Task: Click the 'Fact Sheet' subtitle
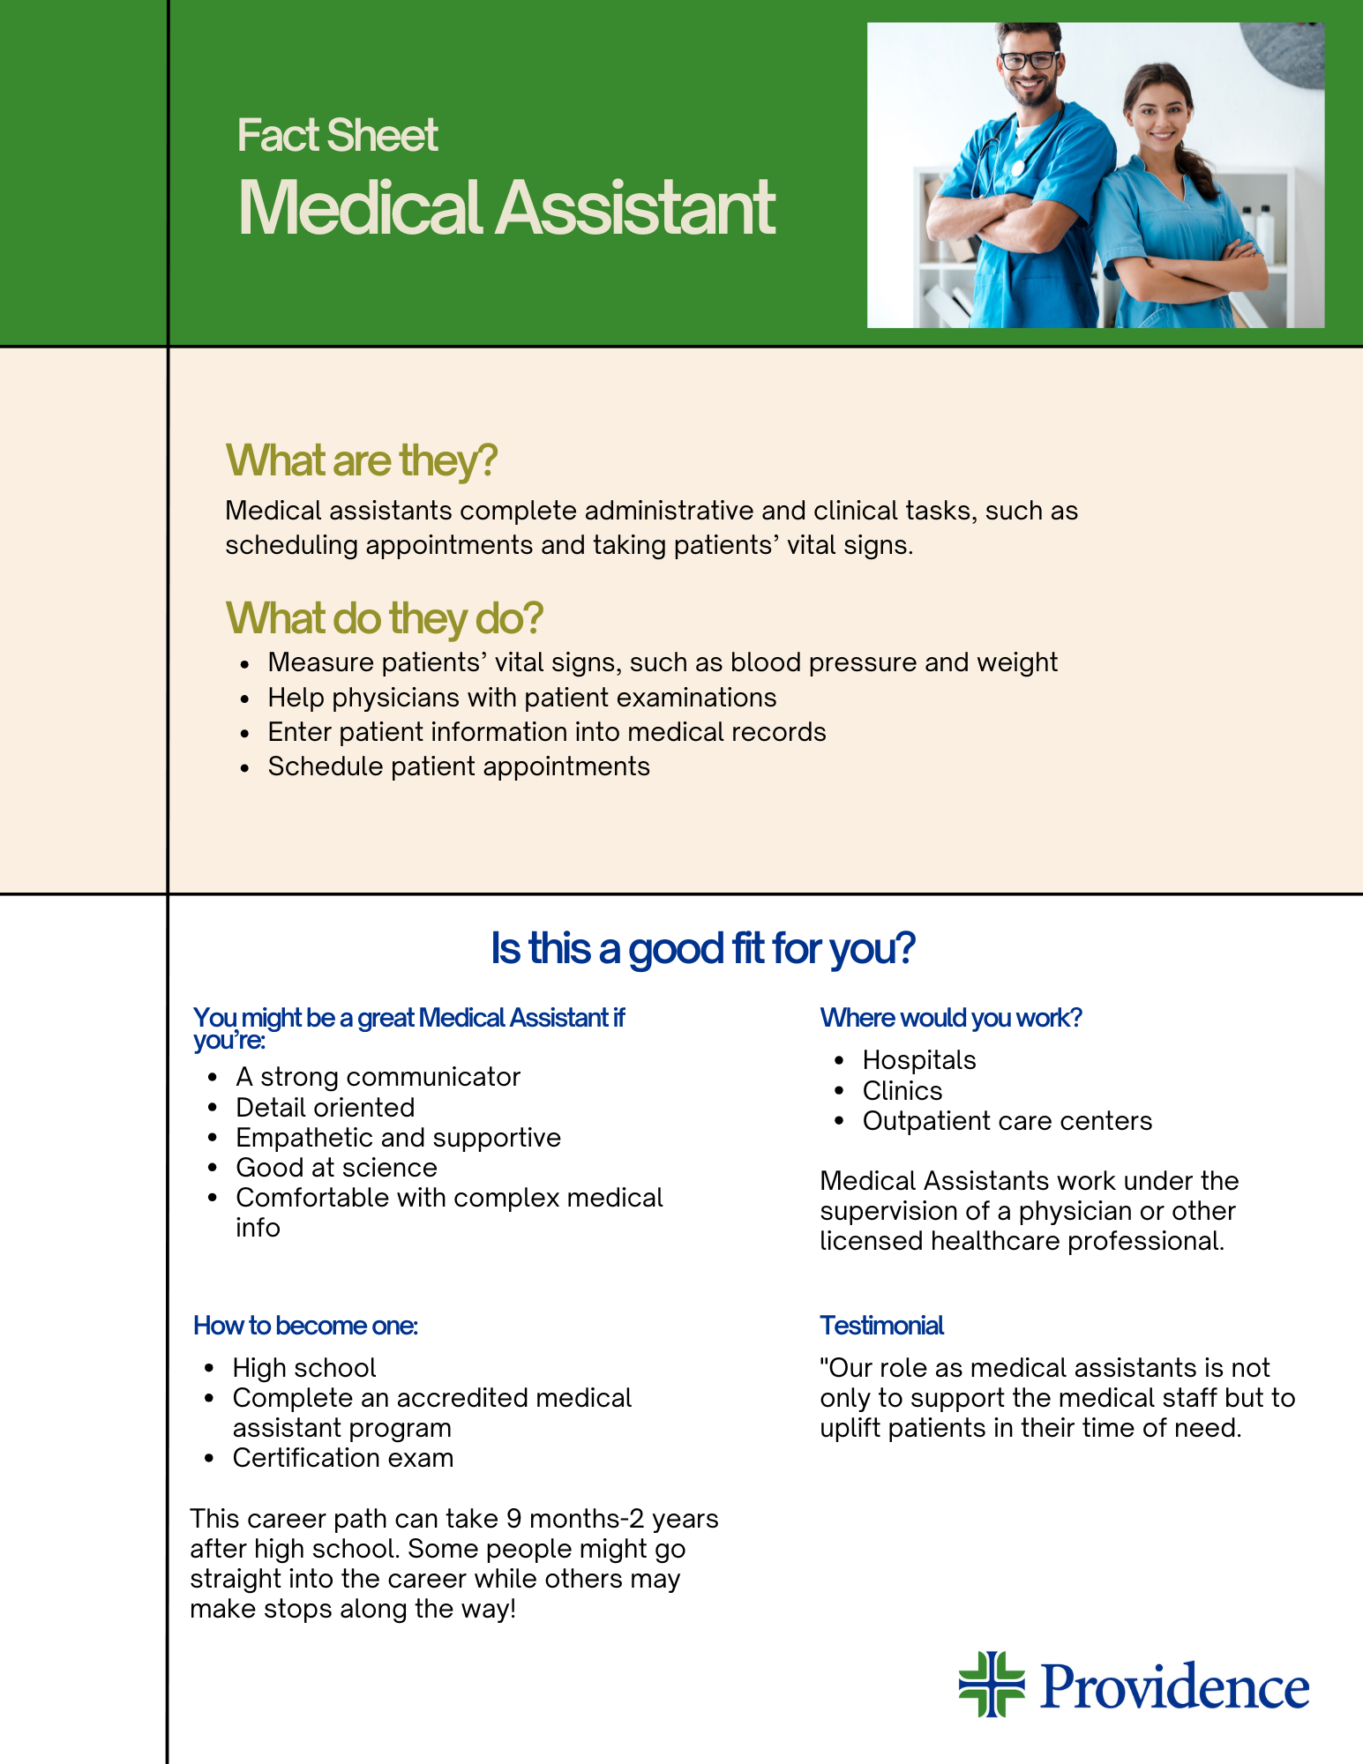coord(337,136)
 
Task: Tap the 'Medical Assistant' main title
coord(506,208)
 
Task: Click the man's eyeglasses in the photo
coord(1028,62)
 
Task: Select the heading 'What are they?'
coord(362,460)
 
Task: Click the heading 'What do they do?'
coord(384,618)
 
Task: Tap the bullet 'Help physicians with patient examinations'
coord(521,698)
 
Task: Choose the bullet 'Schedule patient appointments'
coord(459,766)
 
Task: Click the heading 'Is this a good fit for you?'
coord(702,949)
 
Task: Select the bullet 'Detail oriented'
coord(325,1108)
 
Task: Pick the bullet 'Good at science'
coord(336,1168)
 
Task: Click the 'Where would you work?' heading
coord(950,1018)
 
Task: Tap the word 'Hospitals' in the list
coord(919,1060)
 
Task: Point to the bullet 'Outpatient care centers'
coord(1007,1121)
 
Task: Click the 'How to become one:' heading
coord(305,1326)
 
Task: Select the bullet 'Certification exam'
coord(342,1458)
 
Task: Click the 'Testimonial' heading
coord(881,1326)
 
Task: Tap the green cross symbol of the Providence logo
coord(992,1684)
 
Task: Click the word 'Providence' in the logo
coord(1174,1686)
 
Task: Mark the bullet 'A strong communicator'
coord(378,1077)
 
